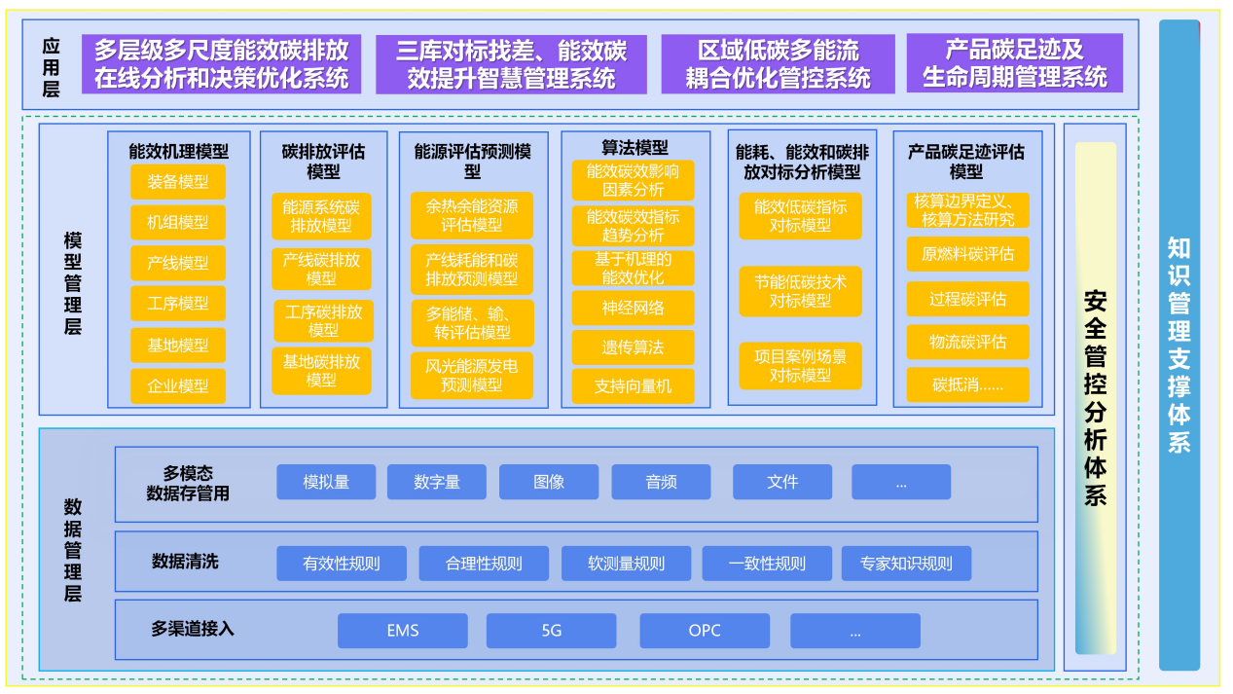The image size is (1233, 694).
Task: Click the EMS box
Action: (402, 631)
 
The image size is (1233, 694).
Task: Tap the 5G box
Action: (551, 631)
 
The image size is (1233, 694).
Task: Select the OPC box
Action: (705, 631)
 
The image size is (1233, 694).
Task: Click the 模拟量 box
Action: (326, 482)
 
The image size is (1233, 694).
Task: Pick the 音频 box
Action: (661, 482)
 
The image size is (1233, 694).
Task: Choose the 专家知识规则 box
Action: (906, 564)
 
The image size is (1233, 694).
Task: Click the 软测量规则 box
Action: (626, 564)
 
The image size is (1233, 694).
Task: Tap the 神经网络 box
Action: (633, 308)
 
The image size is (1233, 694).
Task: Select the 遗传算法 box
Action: (633, 347)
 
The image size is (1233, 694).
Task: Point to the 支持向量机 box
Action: (633, 386)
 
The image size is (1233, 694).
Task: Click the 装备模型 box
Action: (178, 182)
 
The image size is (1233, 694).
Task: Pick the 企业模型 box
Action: (178, 386)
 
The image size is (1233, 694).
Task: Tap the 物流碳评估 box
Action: (967, 343)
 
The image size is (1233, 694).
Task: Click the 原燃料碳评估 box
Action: (967, 254)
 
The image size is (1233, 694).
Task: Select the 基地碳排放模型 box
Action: (321, 371)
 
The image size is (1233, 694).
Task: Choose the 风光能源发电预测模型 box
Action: (472, 376)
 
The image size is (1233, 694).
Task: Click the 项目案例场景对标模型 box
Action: (800, 366)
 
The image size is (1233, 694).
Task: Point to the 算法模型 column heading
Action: (635, 148)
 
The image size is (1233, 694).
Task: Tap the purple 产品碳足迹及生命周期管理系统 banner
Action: (1014, 63)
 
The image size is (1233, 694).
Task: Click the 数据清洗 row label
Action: (185, 562)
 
